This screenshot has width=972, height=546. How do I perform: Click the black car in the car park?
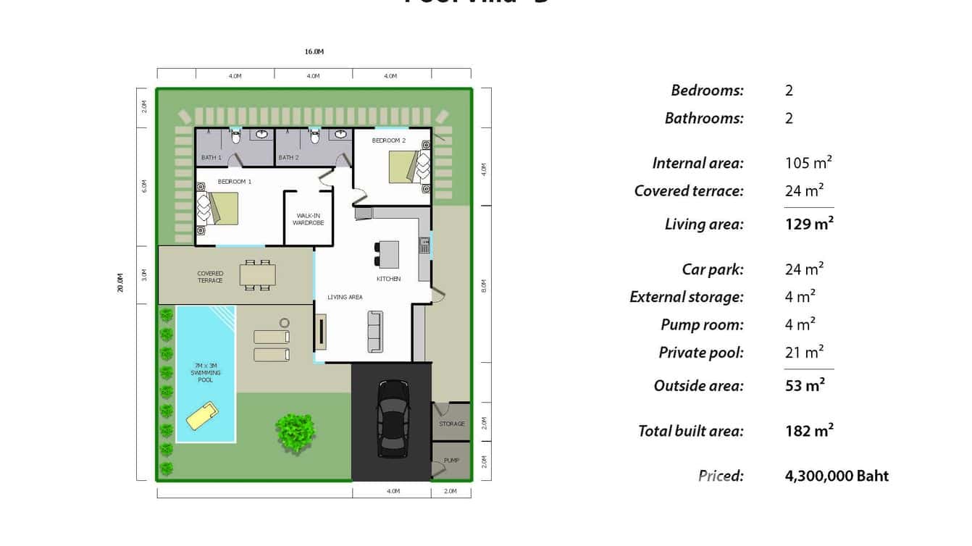[393, 419]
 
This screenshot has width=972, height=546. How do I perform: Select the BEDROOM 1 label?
[235, 181]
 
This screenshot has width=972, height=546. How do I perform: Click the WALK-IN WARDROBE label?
[308, 219]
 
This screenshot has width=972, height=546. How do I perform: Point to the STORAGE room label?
[452, 424]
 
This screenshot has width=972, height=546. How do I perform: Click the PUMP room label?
[451, 461]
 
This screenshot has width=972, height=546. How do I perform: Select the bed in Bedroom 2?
[403, 166]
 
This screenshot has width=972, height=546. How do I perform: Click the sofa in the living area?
[375, 332]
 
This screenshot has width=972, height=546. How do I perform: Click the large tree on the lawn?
[296, 432]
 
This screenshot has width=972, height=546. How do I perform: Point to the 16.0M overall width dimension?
[314, 52]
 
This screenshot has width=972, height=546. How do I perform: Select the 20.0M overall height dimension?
[121, 283]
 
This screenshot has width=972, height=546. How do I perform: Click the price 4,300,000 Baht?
[837, 476]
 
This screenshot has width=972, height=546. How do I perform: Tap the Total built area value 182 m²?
[809, 431]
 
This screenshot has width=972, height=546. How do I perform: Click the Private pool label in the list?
[700, 353]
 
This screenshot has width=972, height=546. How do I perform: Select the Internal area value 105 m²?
[808, 163]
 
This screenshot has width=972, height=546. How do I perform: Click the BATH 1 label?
[211, 157]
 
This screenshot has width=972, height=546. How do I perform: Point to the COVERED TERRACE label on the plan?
[210, 277]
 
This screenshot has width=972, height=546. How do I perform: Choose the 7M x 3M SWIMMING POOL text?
[206, 373]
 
